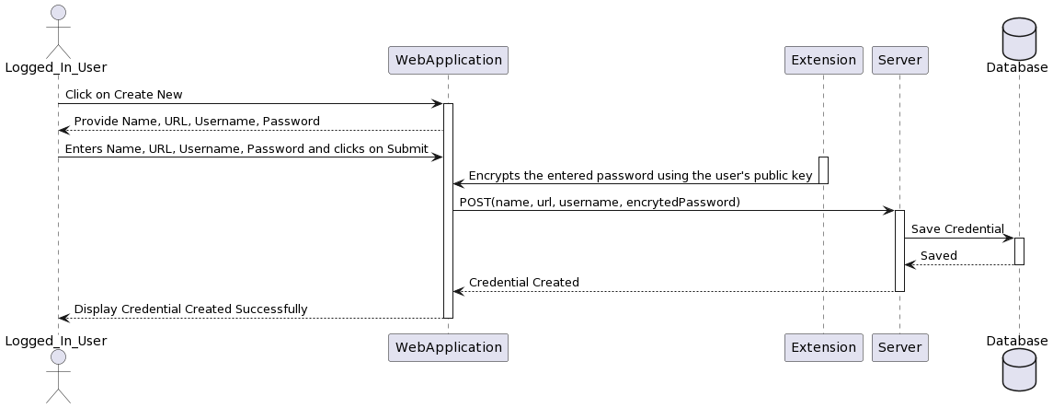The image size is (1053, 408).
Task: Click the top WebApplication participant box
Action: pos(448,60)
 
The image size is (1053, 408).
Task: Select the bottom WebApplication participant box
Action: pos(448,347)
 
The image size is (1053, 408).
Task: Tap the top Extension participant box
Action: pos(823,60)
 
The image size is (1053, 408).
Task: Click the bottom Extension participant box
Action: pos(823,347)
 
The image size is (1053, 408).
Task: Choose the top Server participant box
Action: pos(899,60)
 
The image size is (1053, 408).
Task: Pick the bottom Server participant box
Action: pos(899,347)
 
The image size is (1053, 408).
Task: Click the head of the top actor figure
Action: pos(58,13)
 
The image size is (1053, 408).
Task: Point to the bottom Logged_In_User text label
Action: pos(55,341)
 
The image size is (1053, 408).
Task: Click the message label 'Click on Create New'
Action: pos(123,95)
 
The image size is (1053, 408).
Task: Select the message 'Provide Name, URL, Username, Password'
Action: pos(197,122)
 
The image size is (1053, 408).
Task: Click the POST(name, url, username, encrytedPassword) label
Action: pos(599,202)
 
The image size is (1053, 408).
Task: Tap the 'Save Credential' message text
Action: pos(957,228)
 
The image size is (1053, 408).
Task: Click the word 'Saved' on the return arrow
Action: pos(938,256)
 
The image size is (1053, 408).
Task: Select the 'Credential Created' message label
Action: pos(523,283)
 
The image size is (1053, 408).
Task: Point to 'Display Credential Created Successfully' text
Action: pos(190,309)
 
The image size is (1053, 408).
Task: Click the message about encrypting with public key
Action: pos(640,175)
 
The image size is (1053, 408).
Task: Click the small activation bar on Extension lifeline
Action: pos(823,169)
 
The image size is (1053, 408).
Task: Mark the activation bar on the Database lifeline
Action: pos(1019,251)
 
